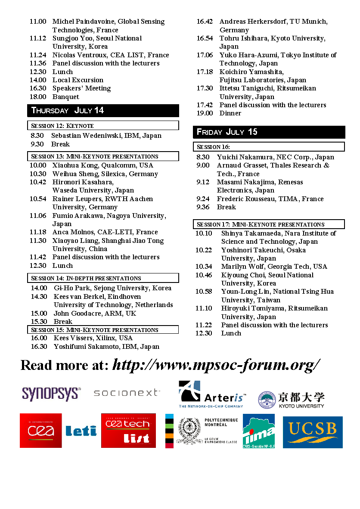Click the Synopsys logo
tap(51, 394)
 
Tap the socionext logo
tap(126, 393)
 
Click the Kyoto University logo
tap(291, 400)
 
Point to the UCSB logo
tap(313, 432)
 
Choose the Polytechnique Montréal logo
tap(202, 431)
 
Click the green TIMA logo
tap(258, 431)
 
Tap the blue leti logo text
tap(81, 431)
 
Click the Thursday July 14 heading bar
tap(103, 111)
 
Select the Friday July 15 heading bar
tap(269, 132)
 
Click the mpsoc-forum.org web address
tap(216, 365)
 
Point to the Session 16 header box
tap(269, 147)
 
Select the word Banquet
tap(66, 97)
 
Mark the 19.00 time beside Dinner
tap(205, 113)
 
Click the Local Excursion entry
tap(78, 80)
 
